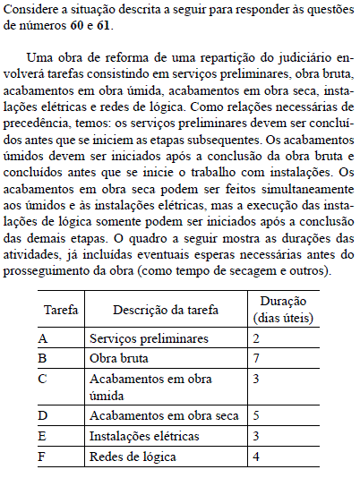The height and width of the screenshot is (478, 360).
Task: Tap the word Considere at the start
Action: [x=30, y=9]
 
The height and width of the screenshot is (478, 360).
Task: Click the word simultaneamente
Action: [x=301, y=197]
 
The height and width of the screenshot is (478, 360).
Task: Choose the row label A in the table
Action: [x=43, y=338]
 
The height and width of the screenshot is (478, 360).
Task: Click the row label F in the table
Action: [x=43, y=457]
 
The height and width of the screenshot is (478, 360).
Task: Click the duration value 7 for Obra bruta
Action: [x=256, y=358]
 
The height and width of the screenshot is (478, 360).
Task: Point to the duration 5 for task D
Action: [x=256, y=416]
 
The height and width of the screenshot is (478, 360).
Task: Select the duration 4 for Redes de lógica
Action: [x=256, y=457]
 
